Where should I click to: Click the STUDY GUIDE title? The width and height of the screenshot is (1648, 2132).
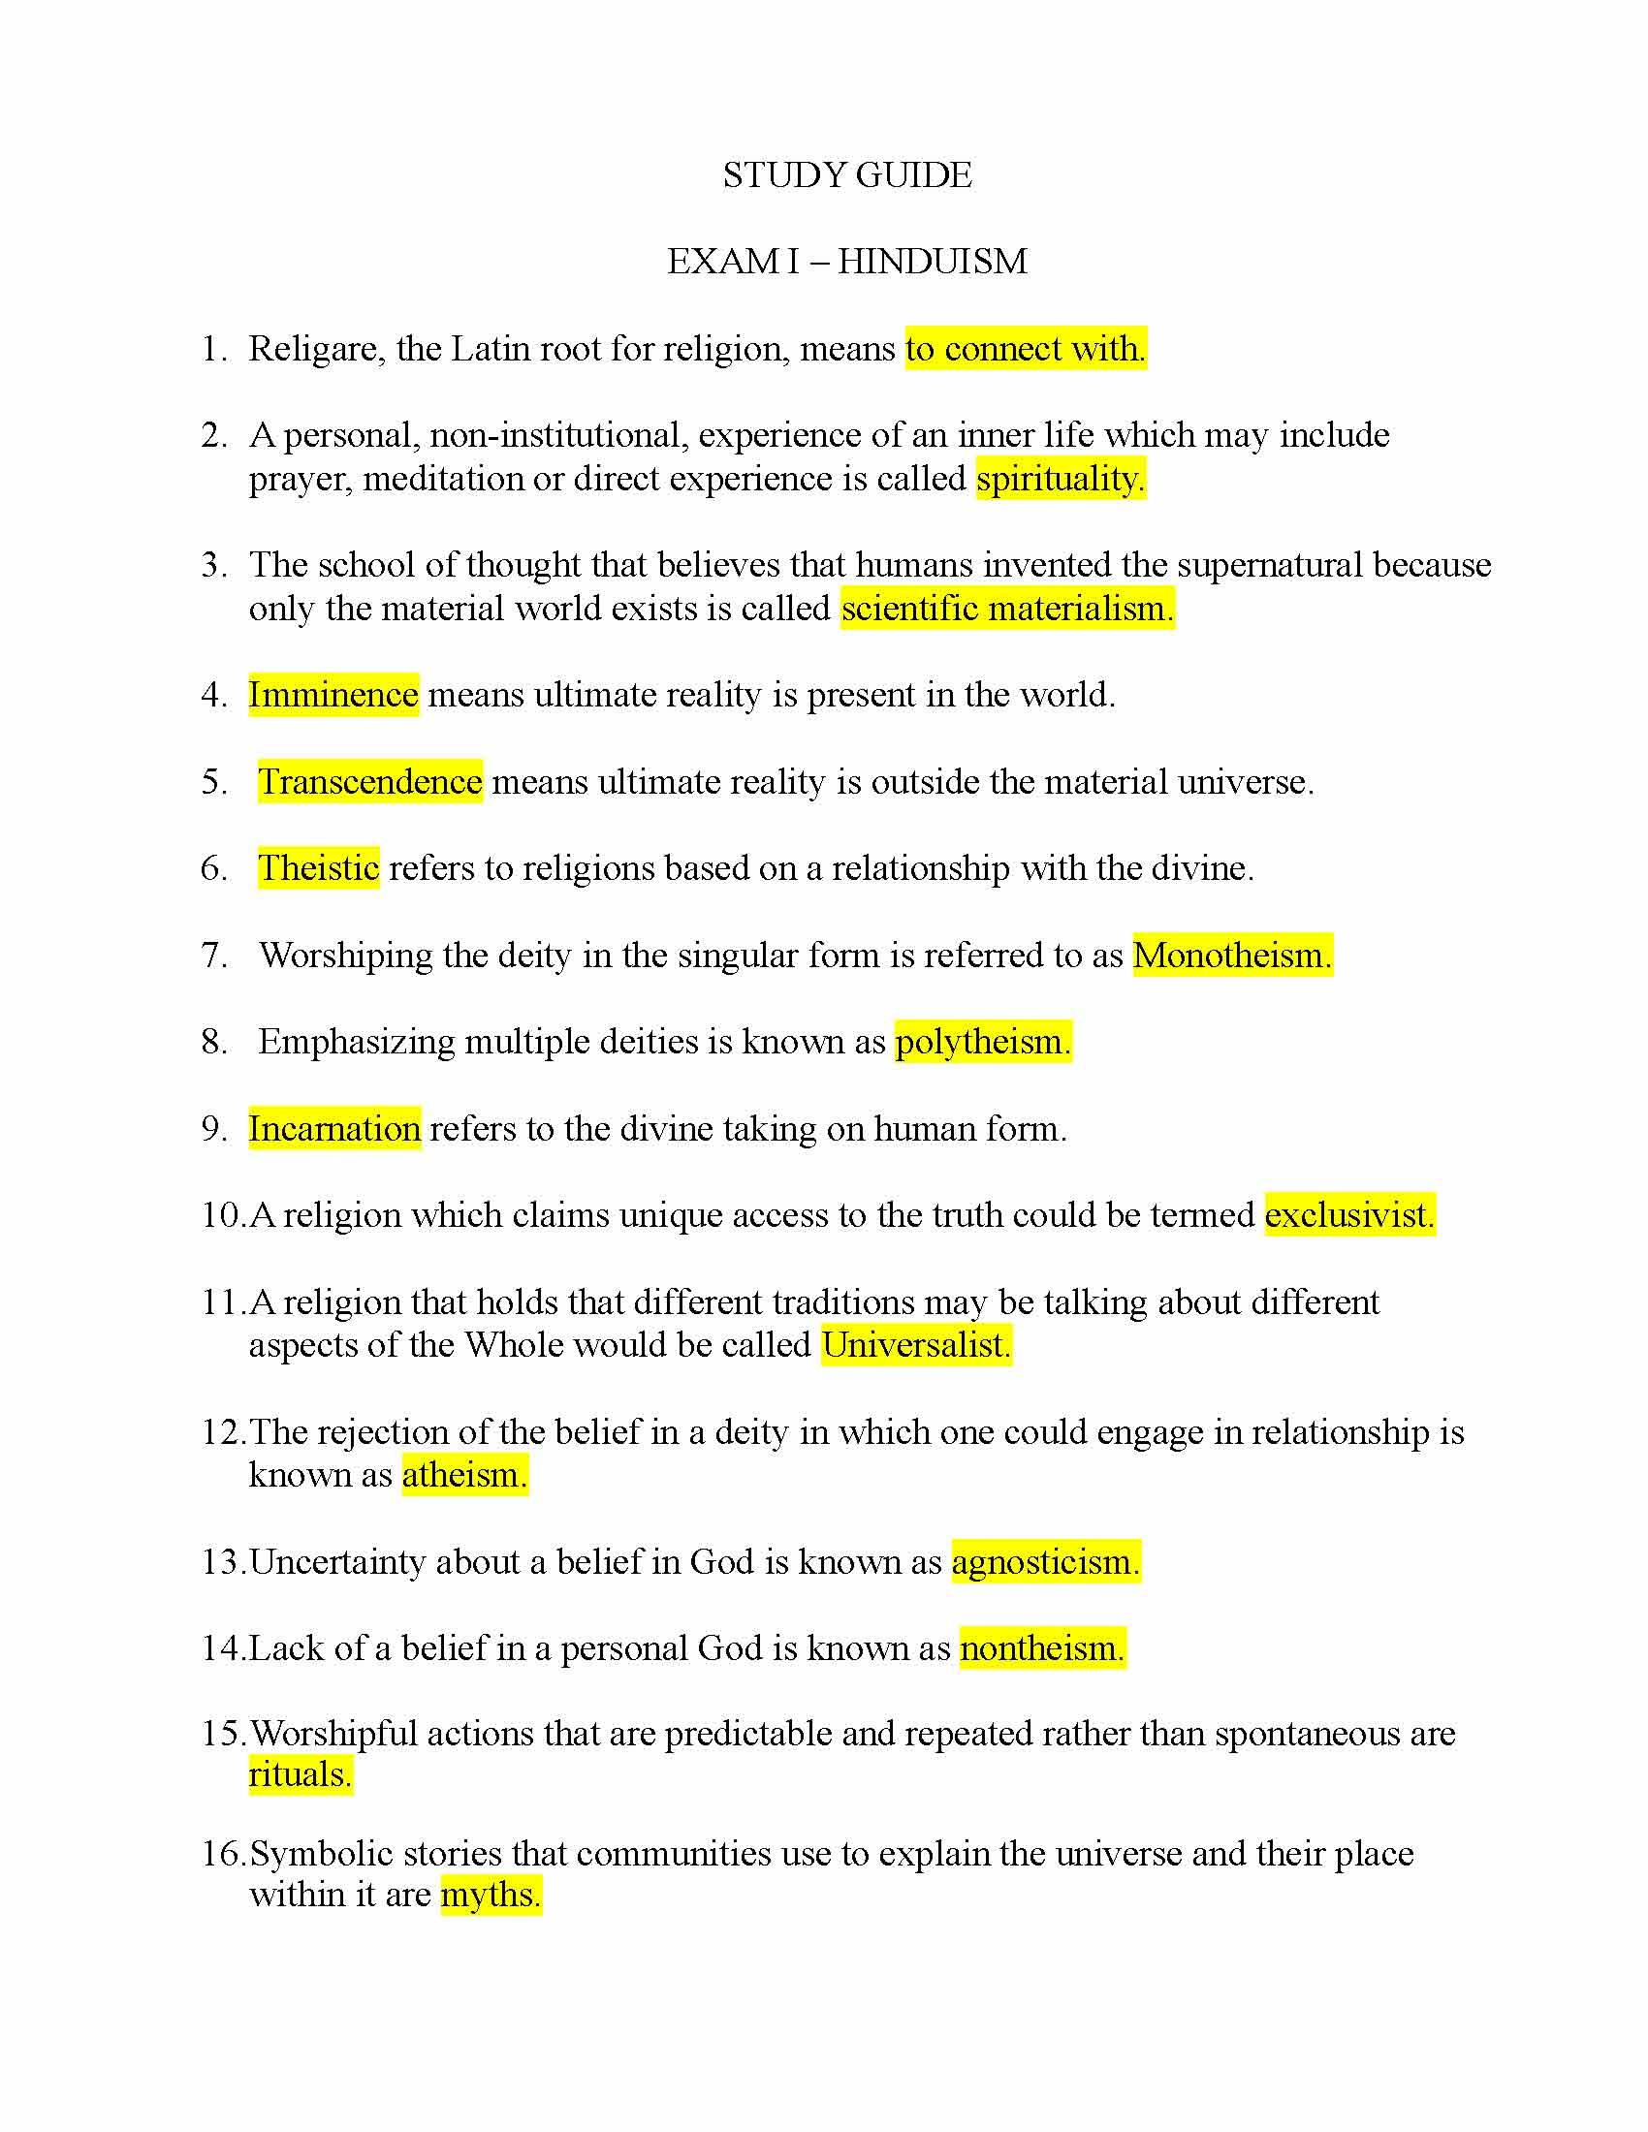click(x=846, y=175)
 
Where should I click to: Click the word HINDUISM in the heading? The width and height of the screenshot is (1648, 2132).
click(x=933, y=262)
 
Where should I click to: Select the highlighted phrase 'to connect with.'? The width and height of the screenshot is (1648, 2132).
click(x=1025, y=349)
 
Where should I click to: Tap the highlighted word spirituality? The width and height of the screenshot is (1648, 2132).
click(x=1061, y=479)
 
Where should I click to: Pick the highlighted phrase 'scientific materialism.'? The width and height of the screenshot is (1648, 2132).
click(x=1006, y=609)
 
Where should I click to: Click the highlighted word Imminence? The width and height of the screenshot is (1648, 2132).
click(x=333, y=695)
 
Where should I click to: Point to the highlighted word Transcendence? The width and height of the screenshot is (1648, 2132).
click(x=370, y=782)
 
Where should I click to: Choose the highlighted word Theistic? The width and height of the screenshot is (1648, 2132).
click(x=318, y=868)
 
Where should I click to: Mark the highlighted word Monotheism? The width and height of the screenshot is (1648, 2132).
click(x=1232, y=955)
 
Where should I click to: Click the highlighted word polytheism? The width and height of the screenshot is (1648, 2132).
click(x=982, y=1042)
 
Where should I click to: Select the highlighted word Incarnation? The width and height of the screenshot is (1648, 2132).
click(x=333, y=1128)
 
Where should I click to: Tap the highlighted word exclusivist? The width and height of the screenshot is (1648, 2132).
click(x=1349, y=1215)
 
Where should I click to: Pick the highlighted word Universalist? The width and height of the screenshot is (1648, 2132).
click(x=916, y=1345)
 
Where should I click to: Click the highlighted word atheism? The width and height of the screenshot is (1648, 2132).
click(x=464, y=1475)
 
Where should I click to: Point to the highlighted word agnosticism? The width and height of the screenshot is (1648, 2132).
click(x=1046, y=1562)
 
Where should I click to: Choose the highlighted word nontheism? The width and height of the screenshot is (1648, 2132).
click(x=1042, y=1648)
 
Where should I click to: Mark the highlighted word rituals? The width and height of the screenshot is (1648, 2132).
click(x=300, y=1774)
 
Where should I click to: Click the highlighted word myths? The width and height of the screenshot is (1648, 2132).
click(x=491, y=1895)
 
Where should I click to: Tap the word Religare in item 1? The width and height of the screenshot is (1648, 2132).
click(x=313, y=350)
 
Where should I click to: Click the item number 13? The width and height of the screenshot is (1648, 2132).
click(x=224, y=1562)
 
